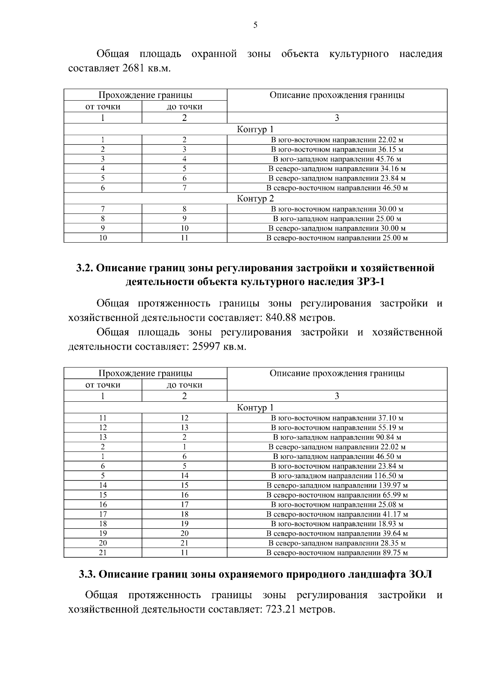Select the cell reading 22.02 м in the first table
(337, 140)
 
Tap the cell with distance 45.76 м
(337, 159)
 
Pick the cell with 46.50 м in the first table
(337, 188)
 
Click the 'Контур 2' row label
(255, 198)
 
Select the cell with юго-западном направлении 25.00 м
(337, 219)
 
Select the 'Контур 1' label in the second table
(255, 408)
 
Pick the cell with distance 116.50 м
(337, 476)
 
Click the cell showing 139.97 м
(337, 486)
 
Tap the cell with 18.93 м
(337, 524)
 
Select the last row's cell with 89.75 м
(337, 553)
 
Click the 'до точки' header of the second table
(184, 385)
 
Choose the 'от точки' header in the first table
(103, 107)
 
